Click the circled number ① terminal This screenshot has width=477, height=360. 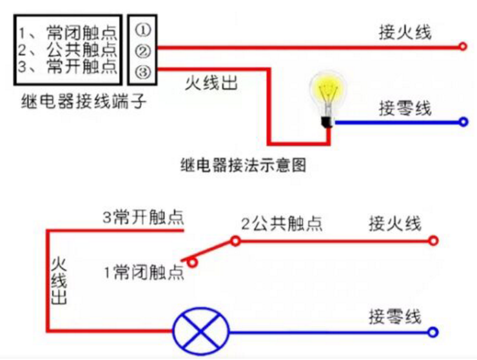click(142, 29)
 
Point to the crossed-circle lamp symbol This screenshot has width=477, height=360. click(201, 332)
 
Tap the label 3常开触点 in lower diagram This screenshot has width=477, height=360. click(142, 217)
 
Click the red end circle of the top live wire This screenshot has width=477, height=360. click(462, 46)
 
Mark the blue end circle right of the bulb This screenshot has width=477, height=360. click(462, 122)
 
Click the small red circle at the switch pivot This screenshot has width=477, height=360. click(236, 242)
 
